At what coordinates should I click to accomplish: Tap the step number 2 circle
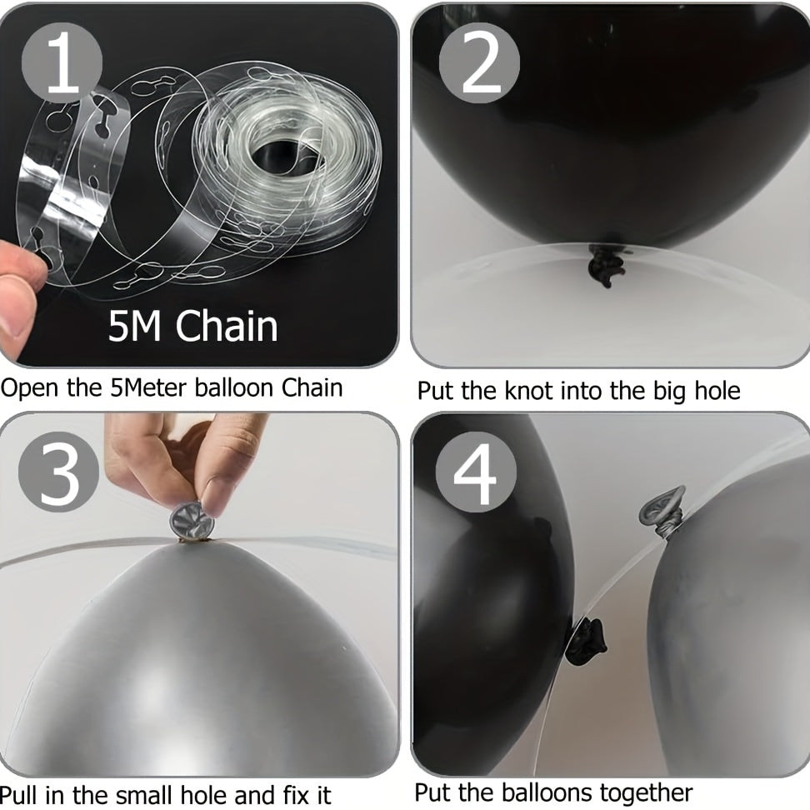479,63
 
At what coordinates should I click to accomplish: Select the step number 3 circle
58,472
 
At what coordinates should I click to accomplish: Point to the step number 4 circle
476,472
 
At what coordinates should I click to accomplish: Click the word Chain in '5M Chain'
227,326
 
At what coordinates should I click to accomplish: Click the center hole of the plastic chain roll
281,158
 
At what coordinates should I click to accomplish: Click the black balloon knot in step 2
606,265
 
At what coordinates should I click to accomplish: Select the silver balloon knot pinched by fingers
192,522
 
